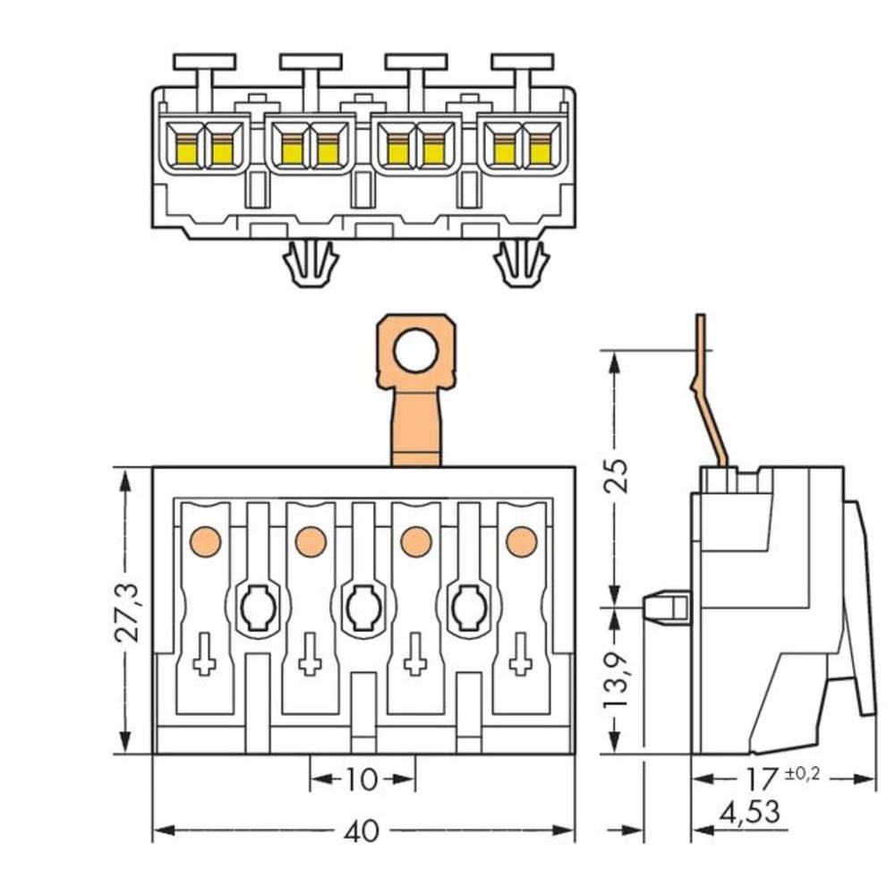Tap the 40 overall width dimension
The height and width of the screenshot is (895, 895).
tap(362, 831)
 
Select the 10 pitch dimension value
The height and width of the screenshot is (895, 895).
tap(362, 780)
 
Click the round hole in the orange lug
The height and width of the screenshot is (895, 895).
tap(416, 350)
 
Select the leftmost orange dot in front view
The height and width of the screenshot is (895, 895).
tap(205, 541)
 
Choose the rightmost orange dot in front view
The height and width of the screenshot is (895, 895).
tap(521, 541)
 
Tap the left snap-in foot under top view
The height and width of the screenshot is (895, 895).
tap(310, 264)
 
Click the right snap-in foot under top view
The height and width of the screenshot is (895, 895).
tap(522, 264)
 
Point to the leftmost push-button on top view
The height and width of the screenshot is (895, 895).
tap(205, 63)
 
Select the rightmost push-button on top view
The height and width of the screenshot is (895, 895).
tap(522, 63)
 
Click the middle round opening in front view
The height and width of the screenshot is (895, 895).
tap(362, 609)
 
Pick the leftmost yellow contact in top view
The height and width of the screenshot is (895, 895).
tap(188, 150)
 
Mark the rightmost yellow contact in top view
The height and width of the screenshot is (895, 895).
tap(539, 150)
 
